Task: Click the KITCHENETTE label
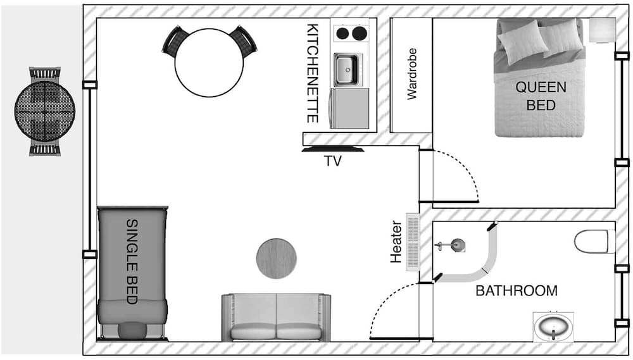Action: click(x=313, y=73)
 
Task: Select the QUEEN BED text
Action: click(x=541, y=96)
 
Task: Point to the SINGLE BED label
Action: click(x=132, y=261)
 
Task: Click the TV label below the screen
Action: click(x=333, y=161)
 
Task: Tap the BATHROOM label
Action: click(x=517, y=291)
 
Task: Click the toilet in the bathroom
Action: click(x=591, y=241)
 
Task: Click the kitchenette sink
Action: click(x=346, y=70)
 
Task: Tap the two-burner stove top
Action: click(x=351, y=33)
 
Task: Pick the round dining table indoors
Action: click(x=209, y=63)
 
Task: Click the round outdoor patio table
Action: click(x=45, y=111)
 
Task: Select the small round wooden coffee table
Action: click(x=276, y=258)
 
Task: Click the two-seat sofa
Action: click(x=276, y=318)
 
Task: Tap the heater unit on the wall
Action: click(x=413, y=242)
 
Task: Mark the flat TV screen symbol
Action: click(x=333, y=150)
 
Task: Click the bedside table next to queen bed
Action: click(x=602, y=30)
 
